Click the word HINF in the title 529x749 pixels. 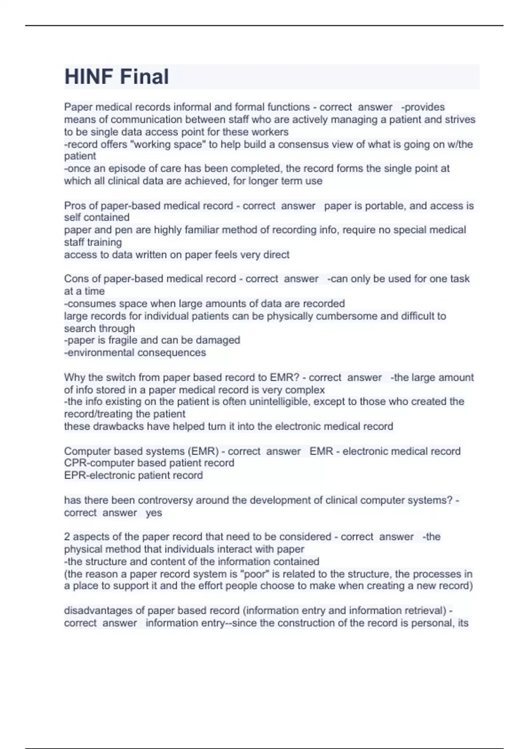point(89,77)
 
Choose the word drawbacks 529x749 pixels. point(104,426)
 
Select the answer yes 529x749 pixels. point(154,513)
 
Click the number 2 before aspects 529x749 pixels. point(67,537)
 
